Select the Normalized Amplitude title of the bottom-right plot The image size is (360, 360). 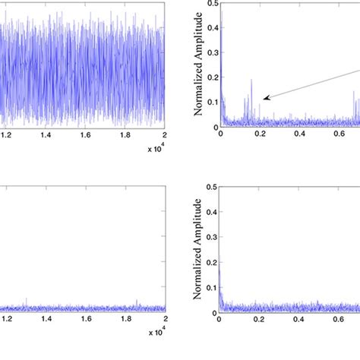coord(198,257)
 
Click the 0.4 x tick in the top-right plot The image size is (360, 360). coord(300,134)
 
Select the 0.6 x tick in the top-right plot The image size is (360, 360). coord(339,134)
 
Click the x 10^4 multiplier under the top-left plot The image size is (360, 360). coord(156,150)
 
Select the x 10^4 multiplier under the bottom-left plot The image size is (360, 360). coord(156,333)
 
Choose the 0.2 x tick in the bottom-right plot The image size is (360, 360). coord(260,321)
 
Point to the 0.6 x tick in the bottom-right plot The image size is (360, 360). coord(339,321)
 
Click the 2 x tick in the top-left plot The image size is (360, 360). coord(164,134)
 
